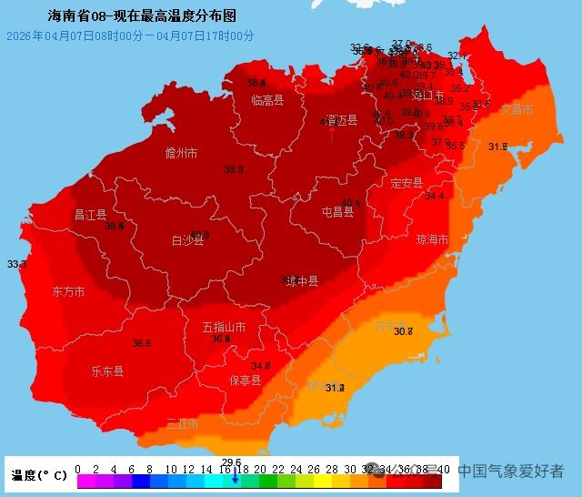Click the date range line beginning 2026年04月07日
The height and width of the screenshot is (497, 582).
(x=130, y=35)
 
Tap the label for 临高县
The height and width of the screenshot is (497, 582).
(x=267, y=100)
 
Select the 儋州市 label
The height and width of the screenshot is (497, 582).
(x=181, y=153)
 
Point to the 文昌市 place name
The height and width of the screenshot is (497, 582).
(x=517, y=109)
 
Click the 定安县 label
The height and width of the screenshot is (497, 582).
(x=406, y=183)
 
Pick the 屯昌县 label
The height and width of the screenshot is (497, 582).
(x=337, y=212)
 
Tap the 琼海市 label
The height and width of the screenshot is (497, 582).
(x=432, y=240)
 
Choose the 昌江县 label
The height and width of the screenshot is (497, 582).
(x=90, y=215)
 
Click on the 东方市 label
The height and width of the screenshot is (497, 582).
(x=68, y=292)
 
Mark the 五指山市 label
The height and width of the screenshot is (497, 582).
(x=224, y=327)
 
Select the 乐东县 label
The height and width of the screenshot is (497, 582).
(x=107, y=371)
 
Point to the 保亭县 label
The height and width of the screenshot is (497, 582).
(x=245, y=380)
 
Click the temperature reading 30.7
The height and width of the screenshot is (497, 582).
(x=403, y=331)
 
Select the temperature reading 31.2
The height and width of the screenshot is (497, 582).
(x=335, y=388)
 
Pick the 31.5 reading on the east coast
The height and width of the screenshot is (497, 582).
(x=497, y=147)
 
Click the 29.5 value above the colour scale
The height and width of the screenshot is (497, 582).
(x=231, y=462)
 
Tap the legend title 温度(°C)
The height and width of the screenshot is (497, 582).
(x=39, y=475)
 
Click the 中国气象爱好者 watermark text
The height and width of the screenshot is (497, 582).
(x=510, y=472)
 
